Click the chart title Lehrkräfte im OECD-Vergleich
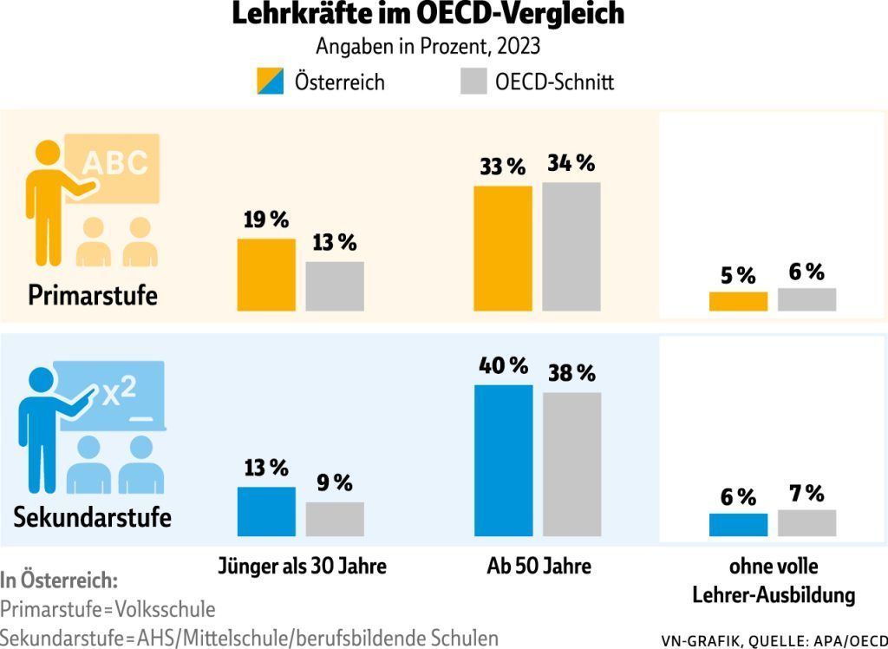[x=428, y=16]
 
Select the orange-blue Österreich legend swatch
[x=269, y=82]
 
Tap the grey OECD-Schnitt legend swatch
[x=472, y=82]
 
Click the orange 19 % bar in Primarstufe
[x=266, y=274]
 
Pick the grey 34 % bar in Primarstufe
[x=571, y=246]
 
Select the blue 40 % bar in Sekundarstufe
[x=504, y=461]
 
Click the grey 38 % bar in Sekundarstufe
[x=571, y=464]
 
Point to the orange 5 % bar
[x=738, y=301]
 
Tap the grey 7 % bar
[x=806, y=523]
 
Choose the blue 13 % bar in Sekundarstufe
[x=266, y=512]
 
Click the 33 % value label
[x=503, y=167]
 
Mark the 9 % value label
[x=334, y=482]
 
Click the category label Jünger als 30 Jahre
[x=302, y=567]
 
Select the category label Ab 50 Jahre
[x=539, y=567]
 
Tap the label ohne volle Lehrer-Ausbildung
[x=774, y=581]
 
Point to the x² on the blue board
[x=120, y=392]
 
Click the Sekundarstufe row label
[x=93, y=518]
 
